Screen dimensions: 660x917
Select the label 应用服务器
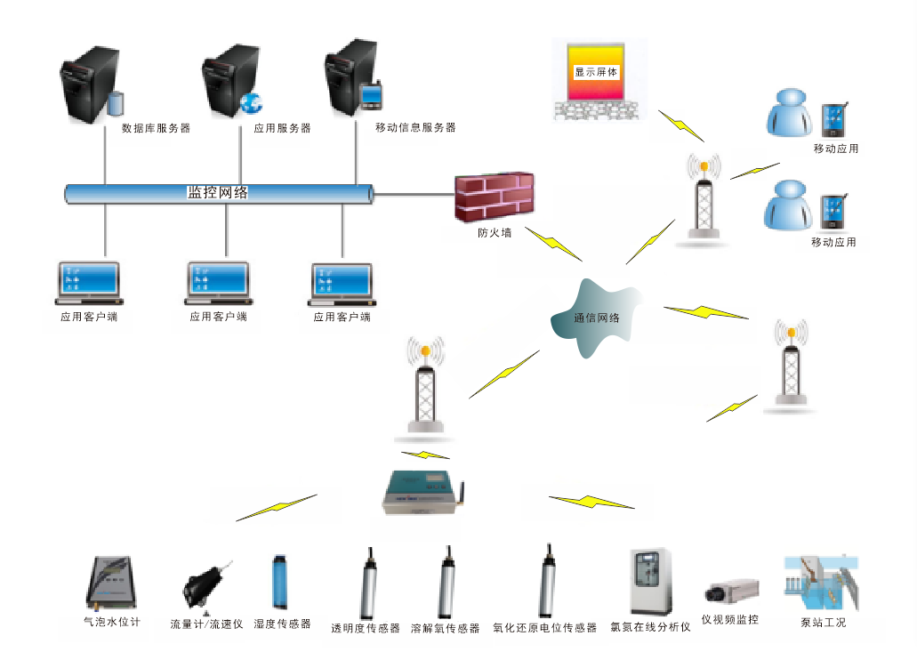(282, 128)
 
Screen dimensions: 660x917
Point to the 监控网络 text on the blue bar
(217, 192)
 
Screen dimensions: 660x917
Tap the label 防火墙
(494, 235)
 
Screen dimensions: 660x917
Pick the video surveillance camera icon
(731, 592)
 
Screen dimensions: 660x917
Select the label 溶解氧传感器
(446, 628)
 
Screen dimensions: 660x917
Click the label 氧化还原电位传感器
(544, 628)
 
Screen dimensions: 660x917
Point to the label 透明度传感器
(366, 628)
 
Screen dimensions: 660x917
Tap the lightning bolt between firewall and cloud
(553, 244)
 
